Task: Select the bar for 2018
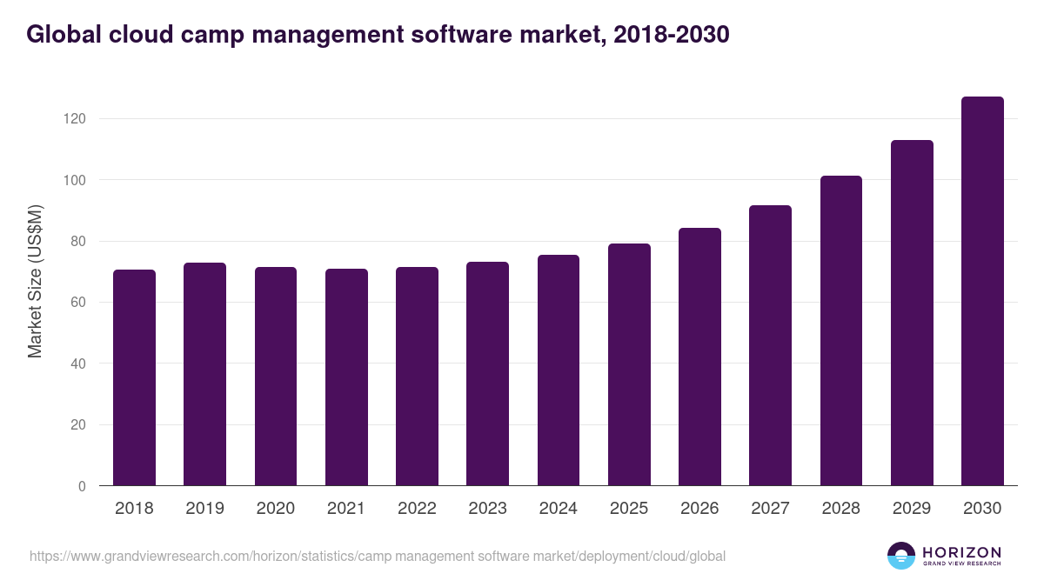point(134,377)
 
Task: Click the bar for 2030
point(982,291)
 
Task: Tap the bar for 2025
point(629,364)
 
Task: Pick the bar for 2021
point(346,377)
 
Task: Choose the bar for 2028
point(841,330)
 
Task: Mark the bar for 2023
point(487,374)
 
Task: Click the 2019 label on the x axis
point(204,509)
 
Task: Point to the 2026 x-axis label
point(699,509)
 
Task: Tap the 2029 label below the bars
point(912,509)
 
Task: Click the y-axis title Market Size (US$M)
point(35,281)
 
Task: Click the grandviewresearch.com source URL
point(377,556)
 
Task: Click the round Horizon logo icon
point(901,556)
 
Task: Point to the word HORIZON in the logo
point(961,551)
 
